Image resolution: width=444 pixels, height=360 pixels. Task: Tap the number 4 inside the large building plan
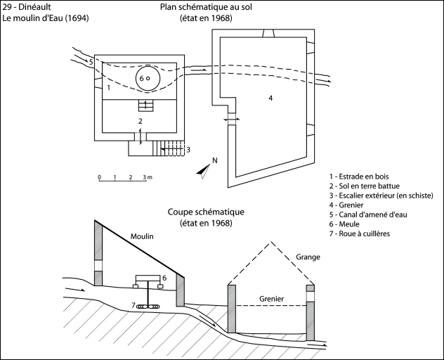270,98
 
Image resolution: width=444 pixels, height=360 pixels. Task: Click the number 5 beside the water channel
91,63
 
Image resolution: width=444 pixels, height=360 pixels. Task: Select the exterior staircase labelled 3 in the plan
171,149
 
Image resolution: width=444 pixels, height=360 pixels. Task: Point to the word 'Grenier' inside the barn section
272,299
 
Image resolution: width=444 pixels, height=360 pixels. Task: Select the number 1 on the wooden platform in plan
108,89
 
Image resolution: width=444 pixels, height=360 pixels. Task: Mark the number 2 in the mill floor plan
141,122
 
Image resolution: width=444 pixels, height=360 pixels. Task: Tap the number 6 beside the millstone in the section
164,278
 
